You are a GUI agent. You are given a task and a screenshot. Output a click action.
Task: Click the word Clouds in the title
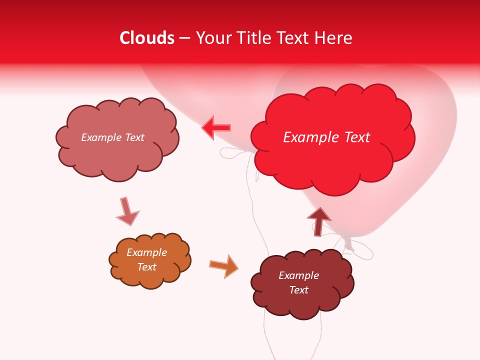(x=147, y=38)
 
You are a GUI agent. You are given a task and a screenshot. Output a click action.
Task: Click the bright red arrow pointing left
(x=216, y=128)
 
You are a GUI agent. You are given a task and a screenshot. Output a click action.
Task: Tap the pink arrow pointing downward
(x=126, y=211)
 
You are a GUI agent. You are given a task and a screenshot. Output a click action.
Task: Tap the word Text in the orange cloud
(x=147, y=267)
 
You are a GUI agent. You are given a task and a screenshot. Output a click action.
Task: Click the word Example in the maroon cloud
(x=298, y=275)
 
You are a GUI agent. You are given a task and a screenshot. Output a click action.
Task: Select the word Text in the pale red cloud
(x=133, y=137)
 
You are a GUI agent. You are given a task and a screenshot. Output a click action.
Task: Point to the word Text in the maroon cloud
(x=298, y=290)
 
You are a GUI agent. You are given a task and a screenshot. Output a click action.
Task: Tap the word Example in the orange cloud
(x=147, y=252)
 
